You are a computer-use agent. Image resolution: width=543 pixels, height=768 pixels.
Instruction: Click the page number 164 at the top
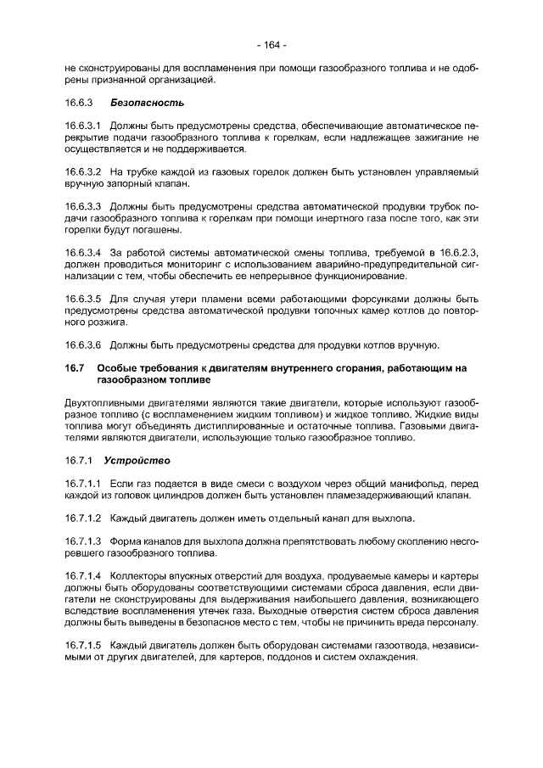point(271,44)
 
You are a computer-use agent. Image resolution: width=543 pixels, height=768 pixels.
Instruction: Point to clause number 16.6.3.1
point(83,126)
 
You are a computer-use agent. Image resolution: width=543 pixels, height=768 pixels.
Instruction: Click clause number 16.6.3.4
point(83,253)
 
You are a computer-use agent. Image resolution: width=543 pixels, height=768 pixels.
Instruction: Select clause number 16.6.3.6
point(83,345)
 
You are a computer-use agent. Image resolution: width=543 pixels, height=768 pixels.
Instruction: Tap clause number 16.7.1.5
point(83,645)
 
